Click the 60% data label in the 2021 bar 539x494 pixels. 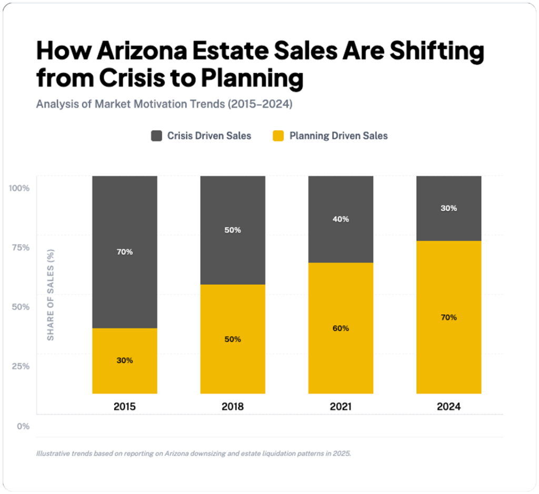click(x=341, y=328)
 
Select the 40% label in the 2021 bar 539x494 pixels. click(x=341, y=219)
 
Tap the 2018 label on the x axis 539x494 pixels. click(x=233, y=407)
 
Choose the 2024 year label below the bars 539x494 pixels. click(x=448, y=407)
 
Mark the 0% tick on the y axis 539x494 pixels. click(x=23, y=426)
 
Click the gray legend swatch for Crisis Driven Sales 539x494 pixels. click(x=156, y=136)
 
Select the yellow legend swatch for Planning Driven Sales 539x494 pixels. click(x=278, y=136)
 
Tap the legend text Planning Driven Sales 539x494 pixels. click(x=338, y=136)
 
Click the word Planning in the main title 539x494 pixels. click(x=250, y=78)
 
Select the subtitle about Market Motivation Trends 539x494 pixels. click(x=164, y=104)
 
